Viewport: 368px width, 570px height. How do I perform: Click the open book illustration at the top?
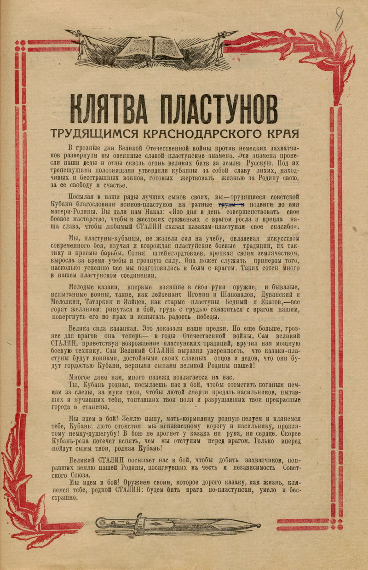(151, 46)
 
